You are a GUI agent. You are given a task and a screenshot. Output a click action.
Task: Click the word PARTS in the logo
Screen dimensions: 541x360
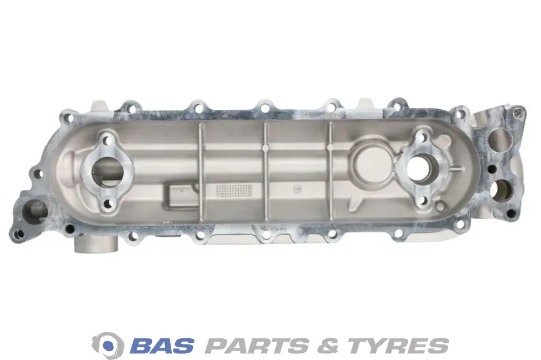[x=257, y=346]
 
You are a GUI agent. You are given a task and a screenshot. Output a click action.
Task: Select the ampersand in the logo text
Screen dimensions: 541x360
[x=328, y=346]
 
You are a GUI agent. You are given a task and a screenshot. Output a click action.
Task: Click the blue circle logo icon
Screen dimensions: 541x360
[x=108, y=345]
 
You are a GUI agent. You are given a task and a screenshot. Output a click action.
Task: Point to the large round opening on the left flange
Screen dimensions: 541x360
[x=107, y=172]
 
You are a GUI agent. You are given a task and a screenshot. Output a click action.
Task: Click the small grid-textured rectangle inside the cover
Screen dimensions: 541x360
[x=234, y=189]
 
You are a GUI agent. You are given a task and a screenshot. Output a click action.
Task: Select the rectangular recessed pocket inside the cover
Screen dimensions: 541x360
[x=181, y=195]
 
